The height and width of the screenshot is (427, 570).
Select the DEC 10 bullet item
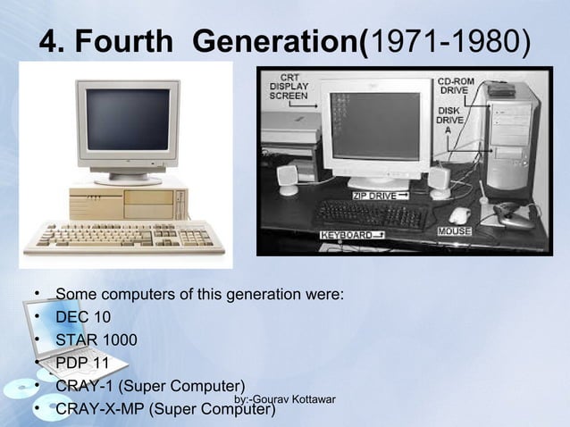[x=83, y=317]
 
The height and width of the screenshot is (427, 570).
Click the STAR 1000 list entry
[x=93, y=340]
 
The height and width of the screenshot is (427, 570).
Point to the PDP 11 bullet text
[x=82, y=364]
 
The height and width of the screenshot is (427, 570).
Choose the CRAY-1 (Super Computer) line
[x=144, y=386]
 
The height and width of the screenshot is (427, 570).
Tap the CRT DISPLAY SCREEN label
[x=289, y=86]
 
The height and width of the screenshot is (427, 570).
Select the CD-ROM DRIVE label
[x=457, y=87]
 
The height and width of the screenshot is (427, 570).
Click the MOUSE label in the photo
[x=455, y=231]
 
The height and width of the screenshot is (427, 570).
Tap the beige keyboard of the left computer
[x=113, y=236]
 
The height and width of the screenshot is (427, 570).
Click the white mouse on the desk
[x=459, y=214]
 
